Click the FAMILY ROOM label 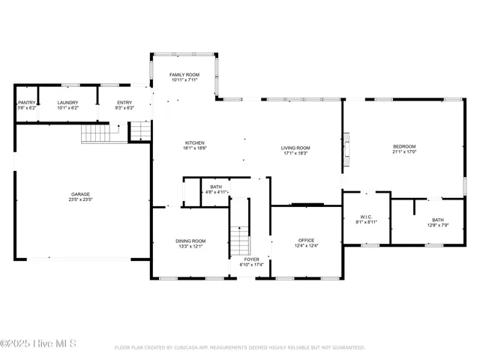click(183, 75)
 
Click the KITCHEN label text click(195, 142)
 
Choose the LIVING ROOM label click(295, 148)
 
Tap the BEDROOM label click(404, 146)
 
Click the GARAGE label click(81, 194)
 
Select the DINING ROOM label click(190, 241)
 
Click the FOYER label click(251, 259)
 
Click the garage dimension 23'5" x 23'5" click(81, 200)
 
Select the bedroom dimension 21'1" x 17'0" click(404, 152)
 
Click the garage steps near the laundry click(95, 133)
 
